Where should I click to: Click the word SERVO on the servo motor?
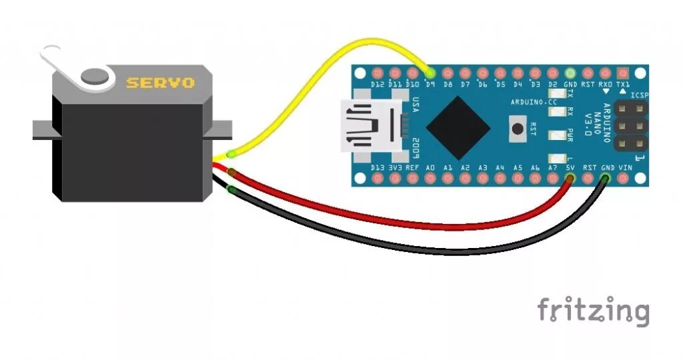click(x=161, y=83)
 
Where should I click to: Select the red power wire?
click(x=400, y=221)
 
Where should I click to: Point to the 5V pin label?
click(x=570, y=168)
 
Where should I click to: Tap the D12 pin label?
click(x=378, y=85)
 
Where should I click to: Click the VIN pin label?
click(x=625, y=168)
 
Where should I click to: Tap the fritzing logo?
click(x=593, y=311)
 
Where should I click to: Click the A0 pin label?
click(x=430, y=168)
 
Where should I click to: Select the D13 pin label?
click(x=378, y=168)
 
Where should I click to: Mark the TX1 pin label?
click(x=623, y=85)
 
